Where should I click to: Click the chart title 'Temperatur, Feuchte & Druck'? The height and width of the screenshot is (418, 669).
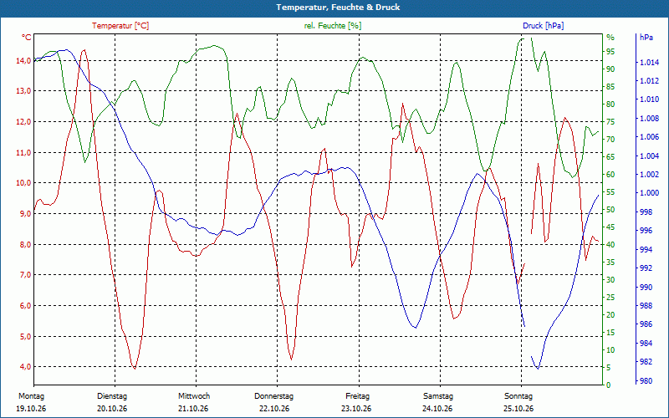point(338,8)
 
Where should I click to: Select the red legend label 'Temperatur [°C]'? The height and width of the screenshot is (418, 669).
point(120,26)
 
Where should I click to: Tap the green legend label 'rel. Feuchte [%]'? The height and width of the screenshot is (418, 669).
point(332,26)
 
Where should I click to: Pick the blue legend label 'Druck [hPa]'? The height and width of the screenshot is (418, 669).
point(543,26)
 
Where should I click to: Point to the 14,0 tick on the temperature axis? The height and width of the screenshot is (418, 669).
point(23,60)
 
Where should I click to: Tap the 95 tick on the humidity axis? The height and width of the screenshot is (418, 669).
point(610,52)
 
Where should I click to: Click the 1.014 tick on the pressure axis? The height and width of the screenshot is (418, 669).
point(649,64)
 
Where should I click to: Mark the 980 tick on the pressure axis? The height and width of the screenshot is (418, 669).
point(646,381)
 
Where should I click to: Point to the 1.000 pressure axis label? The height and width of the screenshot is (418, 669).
point(649,193)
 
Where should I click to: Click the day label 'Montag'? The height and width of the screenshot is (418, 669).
point(31,396)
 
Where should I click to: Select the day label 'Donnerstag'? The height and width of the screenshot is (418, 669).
point(274,396)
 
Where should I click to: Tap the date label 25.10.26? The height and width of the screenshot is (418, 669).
point(518,409)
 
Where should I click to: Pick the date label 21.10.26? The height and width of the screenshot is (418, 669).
point(194,409)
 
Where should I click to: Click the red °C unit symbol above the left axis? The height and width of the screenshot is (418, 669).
point(27,38)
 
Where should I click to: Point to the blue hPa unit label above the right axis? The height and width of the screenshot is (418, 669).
point(646,38)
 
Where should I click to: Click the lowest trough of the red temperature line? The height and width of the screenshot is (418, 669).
point(135,369)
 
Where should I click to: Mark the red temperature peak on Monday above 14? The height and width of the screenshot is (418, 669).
point(84,50)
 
